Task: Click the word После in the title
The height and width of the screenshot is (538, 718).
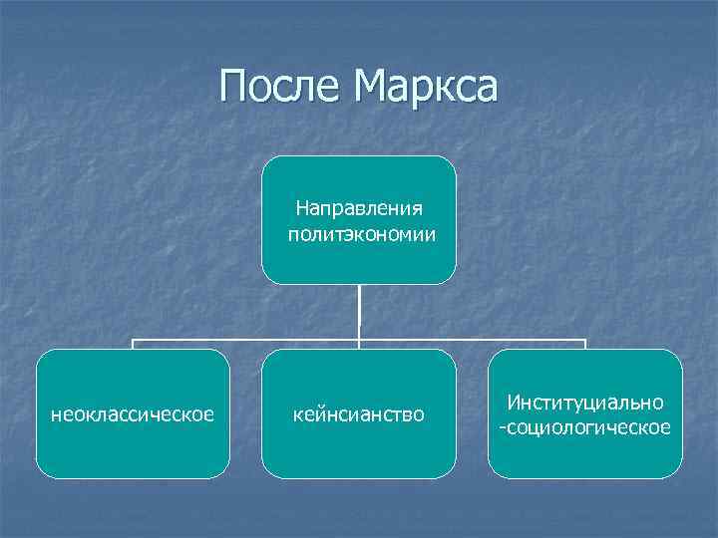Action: [278, 87]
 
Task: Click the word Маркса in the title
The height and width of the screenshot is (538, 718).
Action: [423, 87]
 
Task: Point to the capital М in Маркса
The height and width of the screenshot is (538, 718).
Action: [369, 87]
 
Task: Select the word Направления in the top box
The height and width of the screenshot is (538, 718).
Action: [359, 208]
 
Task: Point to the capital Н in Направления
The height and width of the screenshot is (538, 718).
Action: [302, 208]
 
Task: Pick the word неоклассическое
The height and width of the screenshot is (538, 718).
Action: [133, 413]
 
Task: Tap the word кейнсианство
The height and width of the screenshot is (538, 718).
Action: [359, 413]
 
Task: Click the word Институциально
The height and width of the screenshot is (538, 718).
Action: [585, 403]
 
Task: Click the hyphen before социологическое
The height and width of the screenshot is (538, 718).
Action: [503, 428]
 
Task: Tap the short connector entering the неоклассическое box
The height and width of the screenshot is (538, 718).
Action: [134, 345]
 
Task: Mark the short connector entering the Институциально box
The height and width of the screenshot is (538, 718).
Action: [585, 345]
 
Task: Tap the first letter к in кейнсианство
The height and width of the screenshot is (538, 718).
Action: [298, 413]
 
